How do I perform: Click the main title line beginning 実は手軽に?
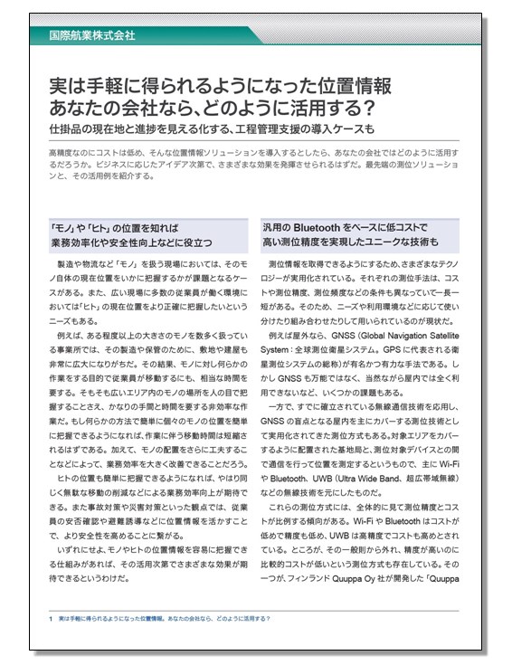(222, 87)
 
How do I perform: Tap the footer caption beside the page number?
(171, 618)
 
